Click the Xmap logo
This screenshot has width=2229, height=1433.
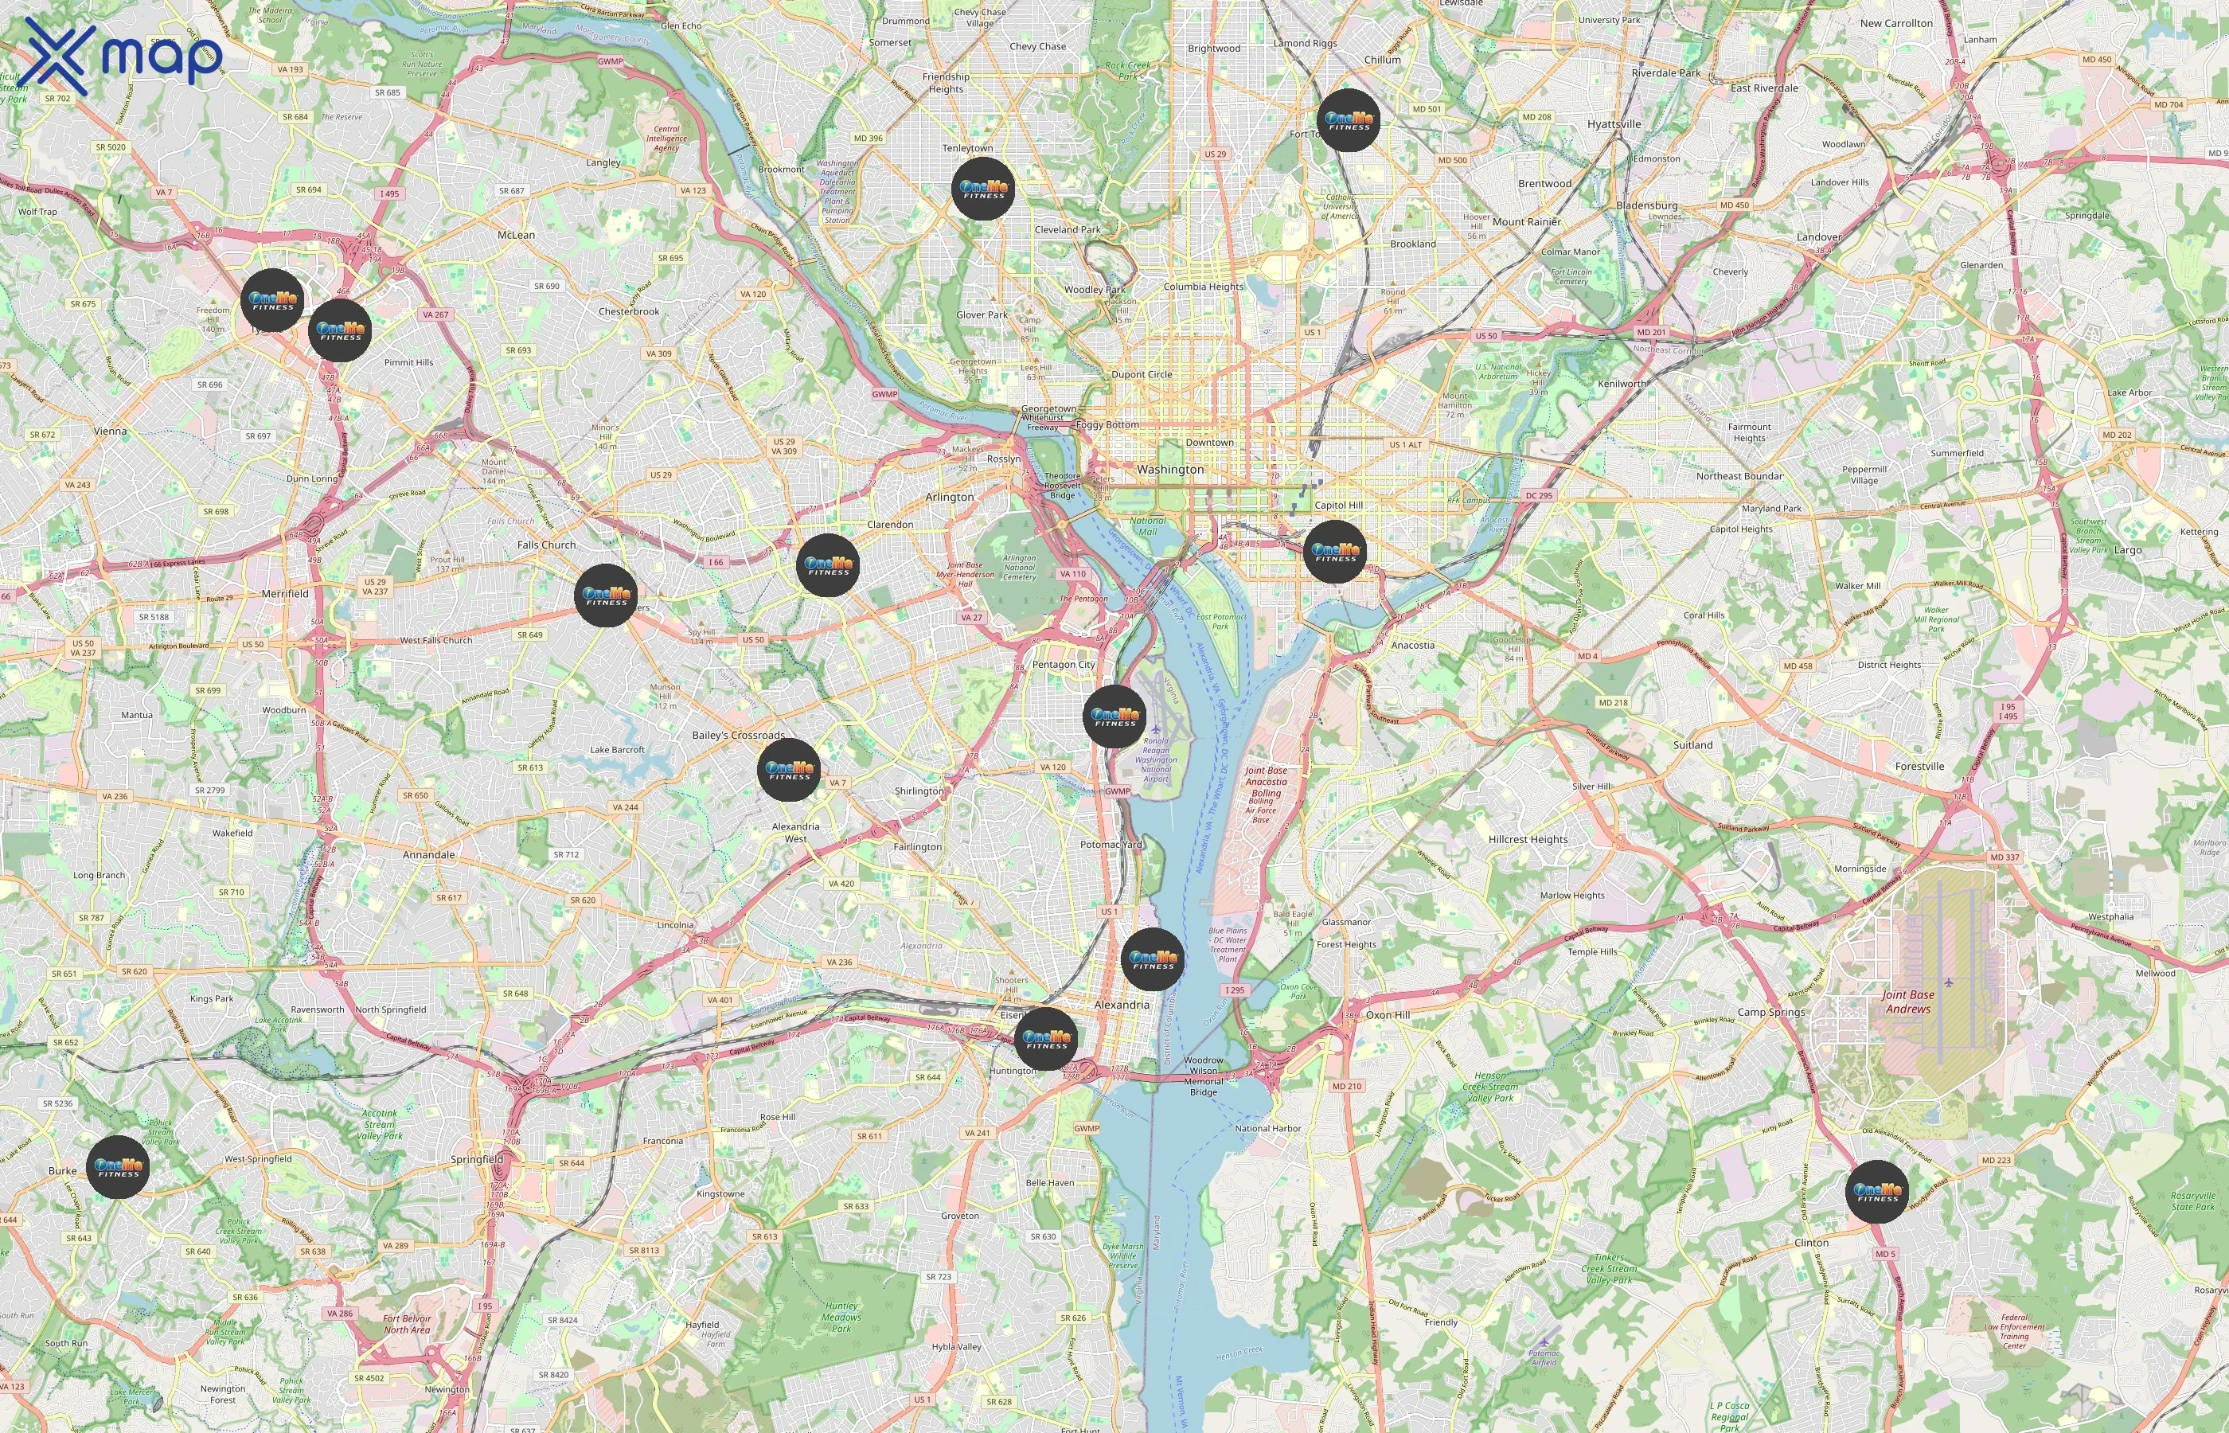tap(123, 56)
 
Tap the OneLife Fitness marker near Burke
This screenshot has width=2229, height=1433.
tap(118, 1167)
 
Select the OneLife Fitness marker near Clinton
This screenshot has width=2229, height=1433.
tap(1877, 1191)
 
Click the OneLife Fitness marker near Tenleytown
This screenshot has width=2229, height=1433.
tap(983, 189)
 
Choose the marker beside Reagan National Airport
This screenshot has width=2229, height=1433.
tap(1114, 716)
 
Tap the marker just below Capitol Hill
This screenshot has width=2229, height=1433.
tap(1335, 552)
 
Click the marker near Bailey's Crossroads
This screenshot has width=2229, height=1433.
tap(789, 771)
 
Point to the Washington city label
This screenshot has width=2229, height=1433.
tap(1169, 470)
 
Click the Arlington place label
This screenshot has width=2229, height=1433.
tap(949, 497)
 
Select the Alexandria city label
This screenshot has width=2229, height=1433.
tap(1121, 1005)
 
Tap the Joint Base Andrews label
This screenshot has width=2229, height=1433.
tap(1908, 1002)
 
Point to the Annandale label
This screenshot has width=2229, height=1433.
tap(429, 854)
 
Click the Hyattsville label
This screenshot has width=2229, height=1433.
tap(1614, 123)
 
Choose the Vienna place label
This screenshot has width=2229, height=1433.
tap(110, 431)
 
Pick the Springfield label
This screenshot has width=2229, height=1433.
tap(476, 1159)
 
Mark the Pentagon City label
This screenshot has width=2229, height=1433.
tap(1064, 665)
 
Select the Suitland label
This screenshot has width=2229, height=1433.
tap(1692, 745)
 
